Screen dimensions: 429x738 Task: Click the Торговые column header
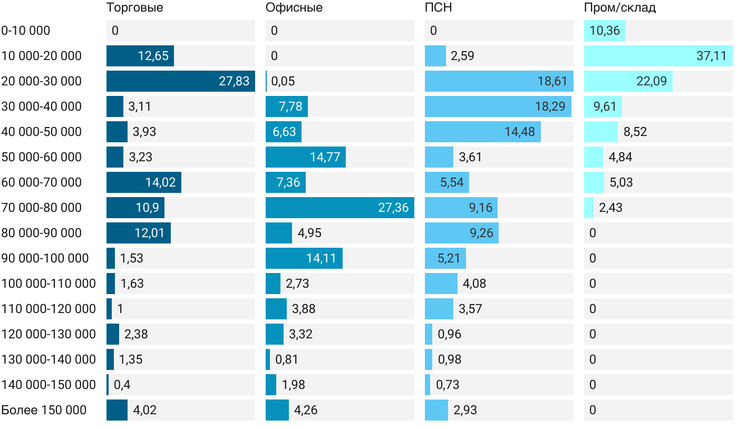[134, 8]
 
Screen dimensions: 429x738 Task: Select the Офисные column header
[294, 8]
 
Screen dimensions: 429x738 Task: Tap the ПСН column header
[438, 8]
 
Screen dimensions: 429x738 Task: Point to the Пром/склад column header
[619, 8]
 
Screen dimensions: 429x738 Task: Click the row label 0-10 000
[26, 31]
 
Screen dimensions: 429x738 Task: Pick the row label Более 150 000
[44, 410]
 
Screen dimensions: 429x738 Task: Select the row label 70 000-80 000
[42, 208]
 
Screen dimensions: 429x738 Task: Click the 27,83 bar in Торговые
[181, 81]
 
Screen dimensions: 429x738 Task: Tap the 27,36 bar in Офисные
[339, 208]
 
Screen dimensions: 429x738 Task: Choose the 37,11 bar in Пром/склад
[658, 56]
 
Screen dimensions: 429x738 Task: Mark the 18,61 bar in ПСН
[499, 81]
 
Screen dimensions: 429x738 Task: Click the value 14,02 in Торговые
[161, 182]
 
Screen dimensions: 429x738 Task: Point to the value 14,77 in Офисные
[325, 157]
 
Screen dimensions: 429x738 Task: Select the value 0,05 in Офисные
[283, 81]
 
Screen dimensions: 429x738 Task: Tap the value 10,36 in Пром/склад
[605, 31]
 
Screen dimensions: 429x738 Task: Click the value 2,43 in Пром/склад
[610, 208]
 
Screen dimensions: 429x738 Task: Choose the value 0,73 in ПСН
[448, 385]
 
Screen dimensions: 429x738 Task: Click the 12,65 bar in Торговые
[140, 56]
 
